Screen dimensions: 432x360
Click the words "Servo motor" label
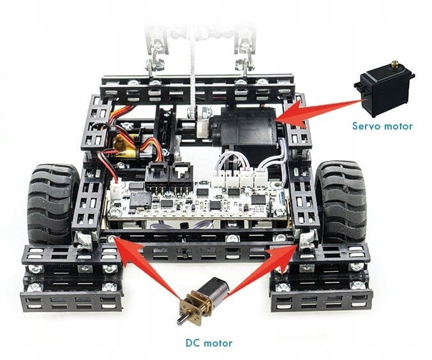[x=382, y=126]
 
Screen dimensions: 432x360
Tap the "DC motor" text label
[x=209, y=343]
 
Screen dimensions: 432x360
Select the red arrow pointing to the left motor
[x=146, y=264]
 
